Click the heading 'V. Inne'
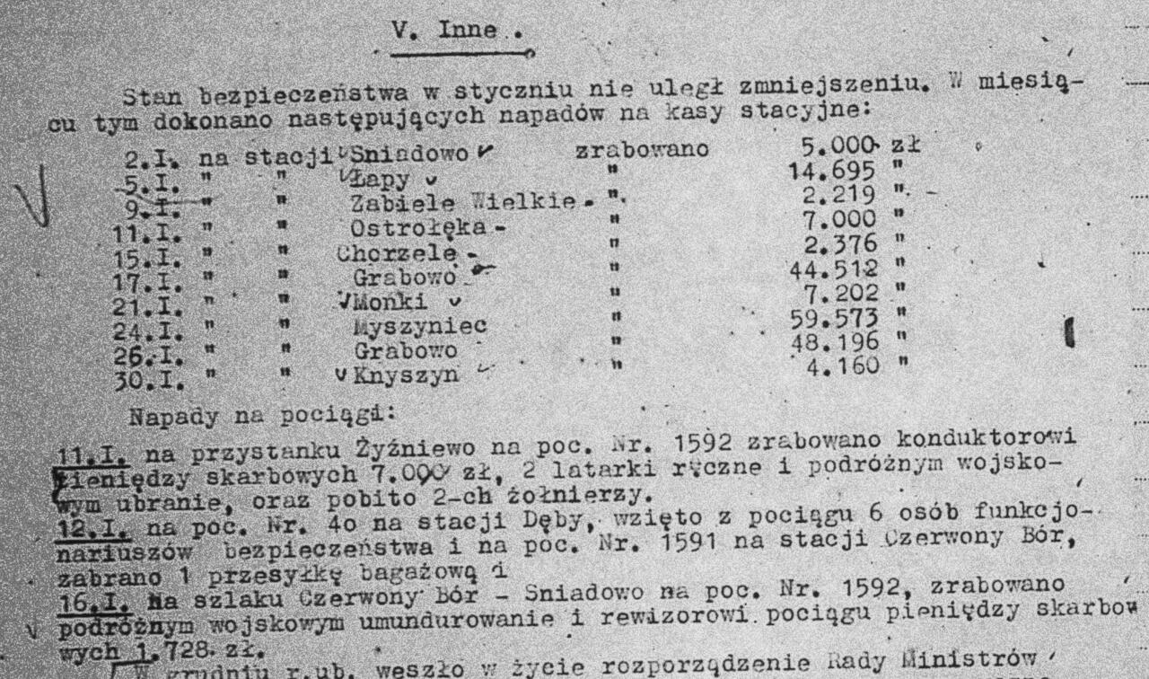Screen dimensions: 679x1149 point(444,31)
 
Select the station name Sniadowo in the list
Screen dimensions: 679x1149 point(409,154)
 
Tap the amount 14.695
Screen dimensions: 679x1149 point(818,172)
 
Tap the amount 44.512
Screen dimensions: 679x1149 point(820,269)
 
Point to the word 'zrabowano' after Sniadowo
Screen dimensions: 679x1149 point(642,151)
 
